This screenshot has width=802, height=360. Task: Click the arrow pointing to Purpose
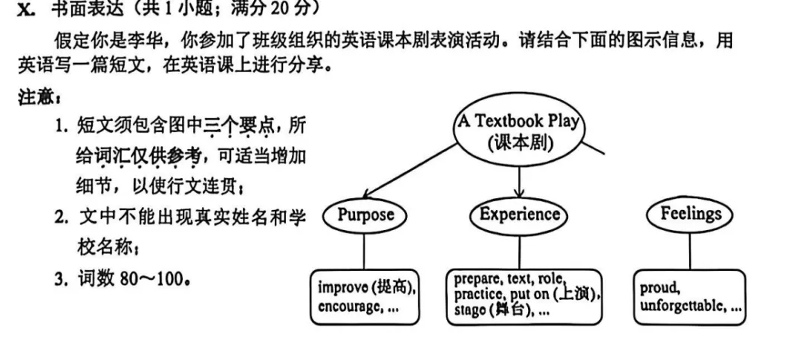409,171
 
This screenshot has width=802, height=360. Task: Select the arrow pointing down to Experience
519,182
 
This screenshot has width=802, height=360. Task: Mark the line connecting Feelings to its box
689,251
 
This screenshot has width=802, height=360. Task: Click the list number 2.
62,218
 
